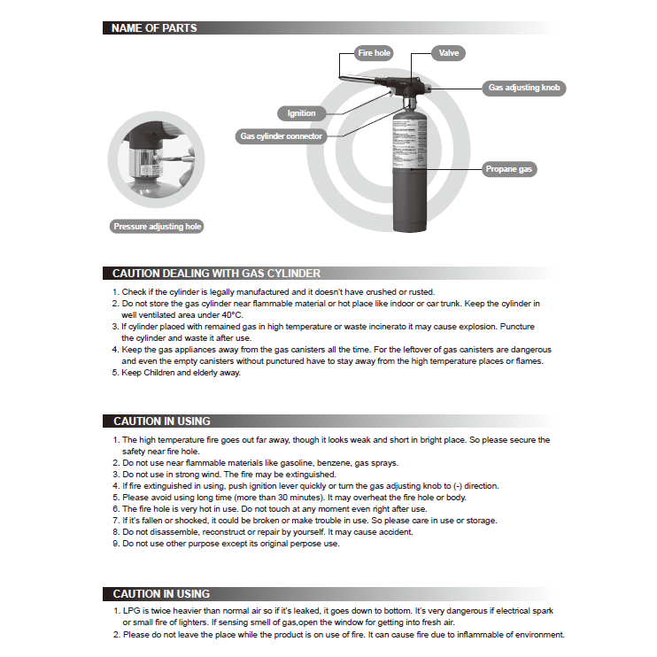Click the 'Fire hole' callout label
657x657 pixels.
[x=374, y=53]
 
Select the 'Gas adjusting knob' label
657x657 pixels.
[x=523, y=89]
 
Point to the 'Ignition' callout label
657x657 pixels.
[x=301, y=113]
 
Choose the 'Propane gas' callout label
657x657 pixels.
[x=510, y=169]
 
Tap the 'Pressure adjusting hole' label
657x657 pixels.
[x=158, y=227]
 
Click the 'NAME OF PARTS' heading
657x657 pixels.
[x=154, y=28]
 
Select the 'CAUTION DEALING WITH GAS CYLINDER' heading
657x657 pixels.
[x=216, y=274]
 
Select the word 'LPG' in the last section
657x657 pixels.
[x=131, y=611]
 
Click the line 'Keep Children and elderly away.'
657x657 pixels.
[x=181, y=373]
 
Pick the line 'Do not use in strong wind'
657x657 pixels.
[x=175, y=475]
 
